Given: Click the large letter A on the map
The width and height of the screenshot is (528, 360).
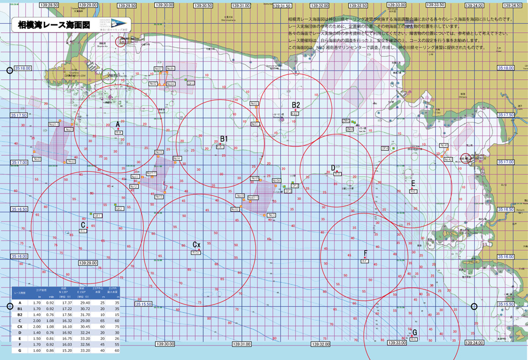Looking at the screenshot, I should (x=117, y=124).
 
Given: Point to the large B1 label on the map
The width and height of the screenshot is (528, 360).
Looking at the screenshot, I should (x=224, y=139).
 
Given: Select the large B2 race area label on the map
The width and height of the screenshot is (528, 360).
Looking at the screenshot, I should (x=296, y=105).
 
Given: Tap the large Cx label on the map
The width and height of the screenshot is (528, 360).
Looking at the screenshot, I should (x=197, y=245).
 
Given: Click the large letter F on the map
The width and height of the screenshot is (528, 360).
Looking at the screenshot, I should (x=365, y=253).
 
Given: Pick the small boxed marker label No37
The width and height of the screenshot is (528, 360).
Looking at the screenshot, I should (x=158, y=69).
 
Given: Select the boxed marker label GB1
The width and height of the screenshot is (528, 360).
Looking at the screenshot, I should (x=98, y=215).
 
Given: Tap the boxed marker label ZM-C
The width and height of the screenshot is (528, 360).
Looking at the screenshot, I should (x=346, y=121).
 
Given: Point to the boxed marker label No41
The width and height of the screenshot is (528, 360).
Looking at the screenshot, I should (x=444, y=146).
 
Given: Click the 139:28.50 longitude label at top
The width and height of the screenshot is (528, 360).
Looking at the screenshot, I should (x=49, y=5).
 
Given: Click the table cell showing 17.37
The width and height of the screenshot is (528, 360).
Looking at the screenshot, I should (x=67, y=303).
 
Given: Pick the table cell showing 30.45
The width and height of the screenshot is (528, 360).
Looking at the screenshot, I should (x=85, y=327).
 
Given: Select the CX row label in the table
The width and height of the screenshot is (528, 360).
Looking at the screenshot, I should (x=20, y=327).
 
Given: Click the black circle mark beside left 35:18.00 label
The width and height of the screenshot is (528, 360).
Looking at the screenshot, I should (x=10, y=70).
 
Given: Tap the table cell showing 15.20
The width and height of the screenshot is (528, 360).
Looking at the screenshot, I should (x=67, y=350).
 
